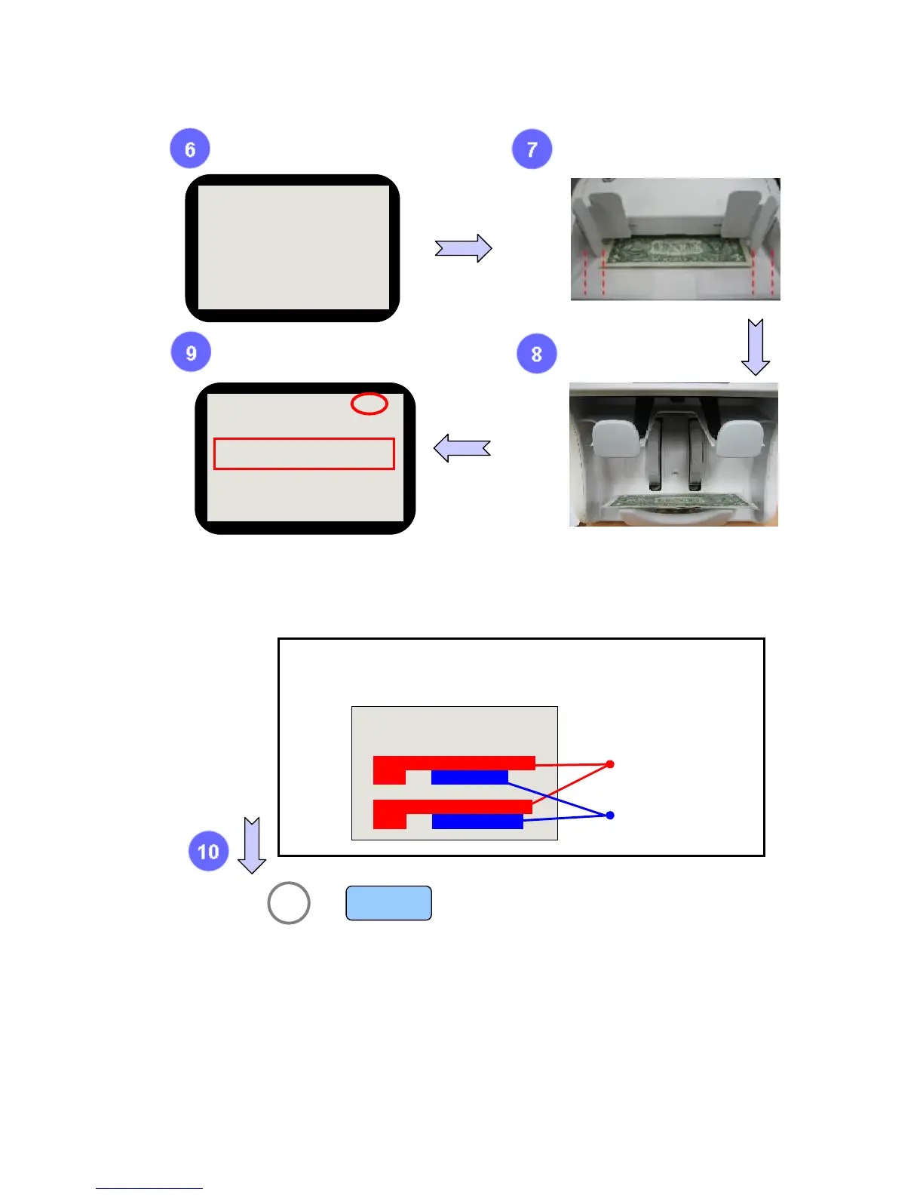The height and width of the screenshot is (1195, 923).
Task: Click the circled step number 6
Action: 190,149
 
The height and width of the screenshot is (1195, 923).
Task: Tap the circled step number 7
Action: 532,149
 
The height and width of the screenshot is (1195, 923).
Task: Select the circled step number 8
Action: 536,354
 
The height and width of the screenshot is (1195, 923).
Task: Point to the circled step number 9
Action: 191,352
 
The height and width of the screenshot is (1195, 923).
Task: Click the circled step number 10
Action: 208,851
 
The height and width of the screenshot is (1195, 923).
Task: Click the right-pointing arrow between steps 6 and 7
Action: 463,247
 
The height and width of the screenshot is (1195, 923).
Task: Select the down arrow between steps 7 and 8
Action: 756,346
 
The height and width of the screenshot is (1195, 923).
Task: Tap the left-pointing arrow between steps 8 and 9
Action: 462,448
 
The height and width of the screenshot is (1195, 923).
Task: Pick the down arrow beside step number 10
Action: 252,845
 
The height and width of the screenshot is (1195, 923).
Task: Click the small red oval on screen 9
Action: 370,404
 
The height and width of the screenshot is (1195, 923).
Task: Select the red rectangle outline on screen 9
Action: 304,453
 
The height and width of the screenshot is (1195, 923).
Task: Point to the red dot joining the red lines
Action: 610,764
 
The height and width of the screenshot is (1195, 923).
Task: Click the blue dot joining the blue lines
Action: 610,815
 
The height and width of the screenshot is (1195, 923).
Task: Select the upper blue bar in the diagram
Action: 469,777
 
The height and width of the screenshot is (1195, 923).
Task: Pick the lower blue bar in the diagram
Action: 477,822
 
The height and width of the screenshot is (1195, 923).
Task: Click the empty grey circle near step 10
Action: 289,902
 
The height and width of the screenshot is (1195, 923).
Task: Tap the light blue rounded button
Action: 388,903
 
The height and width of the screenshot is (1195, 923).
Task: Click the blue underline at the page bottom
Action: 149,1188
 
